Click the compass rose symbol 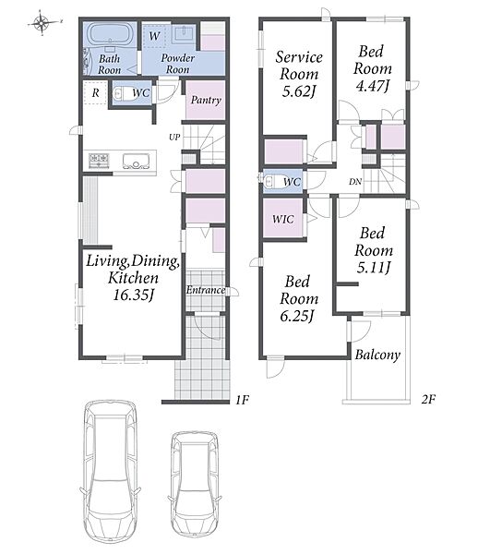pos(42,23)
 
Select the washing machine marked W pos(154,36)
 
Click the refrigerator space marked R pos(95,92)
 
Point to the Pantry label pos(206,100)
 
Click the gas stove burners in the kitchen pos(100,161)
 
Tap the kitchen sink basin pos(136,161)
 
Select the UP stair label pos(174,137)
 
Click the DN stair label pos(355,182)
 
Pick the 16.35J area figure pos(134,295)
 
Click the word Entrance pos(206,290)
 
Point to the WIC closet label pos(282,219)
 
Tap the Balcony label pos(377,355)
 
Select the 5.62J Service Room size pos(299,91)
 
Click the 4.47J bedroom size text pos(373,86)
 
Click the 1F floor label pos(243,400)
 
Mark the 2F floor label pos(428,399)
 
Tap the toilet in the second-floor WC pos(272,182)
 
